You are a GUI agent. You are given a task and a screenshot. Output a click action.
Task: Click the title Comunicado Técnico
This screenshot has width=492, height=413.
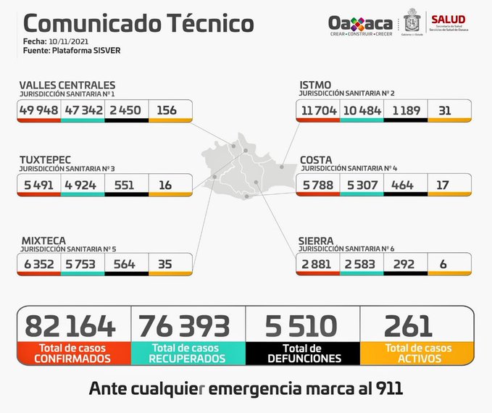[x=134, y=23]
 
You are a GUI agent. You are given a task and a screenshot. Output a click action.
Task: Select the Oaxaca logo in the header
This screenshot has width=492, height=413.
[x=360, y=24]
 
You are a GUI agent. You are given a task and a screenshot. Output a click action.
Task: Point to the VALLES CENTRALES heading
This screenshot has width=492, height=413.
[x=67, y=85]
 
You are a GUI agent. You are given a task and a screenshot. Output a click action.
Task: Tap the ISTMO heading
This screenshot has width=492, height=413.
[x=315, y=85]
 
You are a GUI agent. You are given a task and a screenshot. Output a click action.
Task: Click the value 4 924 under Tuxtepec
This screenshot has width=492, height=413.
[x=82, y=185]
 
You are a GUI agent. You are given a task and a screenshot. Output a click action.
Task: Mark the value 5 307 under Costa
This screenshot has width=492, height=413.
[x=361, y=185]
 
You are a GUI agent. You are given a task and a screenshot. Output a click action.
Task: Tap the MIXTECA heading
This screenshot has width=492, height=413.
[x=43, y=239]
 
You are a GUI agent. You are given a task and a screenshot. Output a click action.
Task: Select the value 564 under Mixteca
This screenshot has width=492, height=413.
[x=125, y=264]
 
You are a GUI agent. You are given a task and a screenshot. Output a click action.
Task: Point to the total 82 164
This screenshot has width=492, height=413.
[x=70, y=325]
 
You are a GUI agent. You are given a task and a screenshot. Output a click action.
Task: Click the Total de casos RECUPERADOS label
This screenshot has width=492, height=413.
[x=188, y=353]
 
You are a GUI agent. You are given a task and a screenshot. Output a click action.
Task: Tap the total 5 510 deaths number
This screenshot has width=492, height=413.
[x=303, y=325]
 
